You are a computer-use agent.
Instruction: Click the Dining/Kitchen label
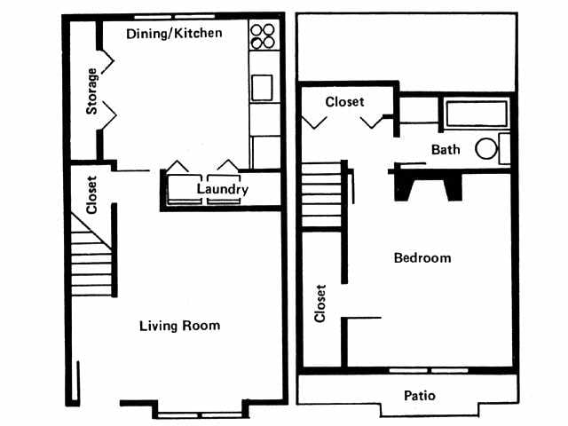tap(174, 34)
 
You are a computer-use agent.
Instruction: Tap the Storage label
tap(91, 91)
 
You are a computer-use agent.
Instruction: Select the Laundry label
tap(222, 190)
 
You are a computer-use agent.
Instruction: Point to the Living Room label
tap(179, 326)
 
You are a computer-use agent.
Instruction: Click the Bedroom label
tap(422, 258)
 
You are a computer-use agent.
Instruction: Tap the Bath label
tap(446, 149)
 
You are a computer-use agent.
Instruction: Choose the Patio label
tap(419, 396)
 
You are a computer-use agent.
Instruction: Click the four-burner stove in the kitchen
tap(262, 35)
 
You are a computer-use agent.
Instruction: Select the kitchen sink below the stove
tap(263, 88)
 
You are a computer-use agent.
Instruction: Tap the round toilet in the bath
tap(487, 148)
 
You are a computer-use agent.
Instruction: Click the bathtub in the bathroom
tap(476, 114)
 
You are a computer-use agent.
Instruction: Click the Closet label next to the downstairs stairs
tap(91, 195)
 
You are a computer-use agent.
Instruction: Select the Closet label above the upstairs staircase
tap(344, 102)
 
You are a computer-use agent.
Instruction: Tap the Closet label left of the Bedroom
tap(320, 304)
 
